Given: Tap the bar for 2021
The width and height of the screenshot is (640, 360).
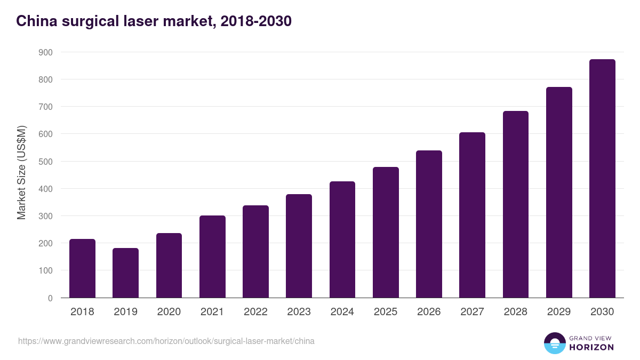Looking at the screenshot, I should click(x=212, y=257).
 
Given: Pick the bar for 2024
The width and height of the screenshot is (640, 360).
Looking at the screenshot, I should click(x=342, y=239).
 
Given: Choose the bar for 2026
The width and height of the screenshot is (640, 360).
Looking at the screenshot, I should click(x=429, y=224).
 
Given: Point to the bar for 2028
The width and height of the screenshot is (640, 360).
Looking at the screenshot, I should click(x=515, y=204).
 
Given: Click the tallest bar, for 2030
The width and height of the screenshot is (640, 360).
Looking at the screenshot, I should click(x=602, y=179).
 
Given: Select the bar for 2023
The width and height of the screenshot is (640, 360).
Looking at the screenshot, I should click(x=299, y=246).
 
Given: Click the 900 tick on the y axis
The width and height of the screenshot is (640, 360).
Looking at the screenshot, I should click(x=45, y=52).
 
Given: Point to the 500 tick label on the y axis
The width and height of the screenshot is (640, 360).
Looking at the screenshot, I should click(x=45, y=162).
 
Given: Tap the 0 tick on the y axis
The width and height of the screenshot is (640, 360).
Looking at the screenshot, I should click(x=50, y=298).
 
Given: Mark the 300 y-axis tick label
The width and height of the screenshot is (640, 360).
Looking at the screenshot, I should click(x=45, y=216).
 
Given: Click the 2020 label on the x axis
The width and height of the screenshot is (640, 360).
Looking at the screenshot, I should click(x=169, y=312).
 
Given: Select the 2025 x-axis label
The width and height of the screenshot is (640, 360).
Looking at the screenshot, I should click(x=386, y=312).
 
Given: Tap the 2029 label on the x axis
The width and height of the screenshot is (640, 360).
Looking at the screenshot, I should click(x=559, y=312).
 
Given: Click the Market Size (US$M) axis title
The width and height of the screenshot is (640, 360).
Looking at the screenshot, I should click(x=21, y=172).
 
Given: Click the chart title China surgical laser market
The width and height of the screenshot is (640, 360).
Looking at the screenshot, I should click(x=154, y=21).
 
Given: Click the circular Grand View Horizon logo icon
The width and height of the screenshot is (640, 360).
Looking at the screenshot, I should click(x=554, y=343).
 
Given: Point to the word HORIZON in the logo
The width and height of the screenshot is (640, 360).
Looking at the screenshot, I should click(x=591, y=347).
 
